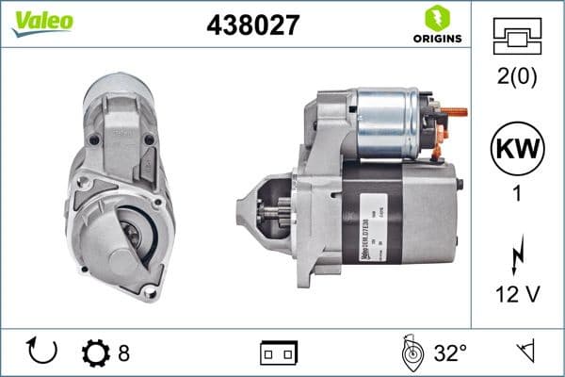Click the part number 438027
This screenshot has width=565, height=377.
[x=252, y=25]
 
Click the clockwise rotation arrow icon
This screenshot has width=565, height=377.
[x=43, y=353]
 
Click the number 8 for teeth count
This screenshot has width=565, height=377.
[x=123, y=354]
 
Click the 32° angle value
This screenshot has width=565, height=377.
[x=450, y=354]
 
